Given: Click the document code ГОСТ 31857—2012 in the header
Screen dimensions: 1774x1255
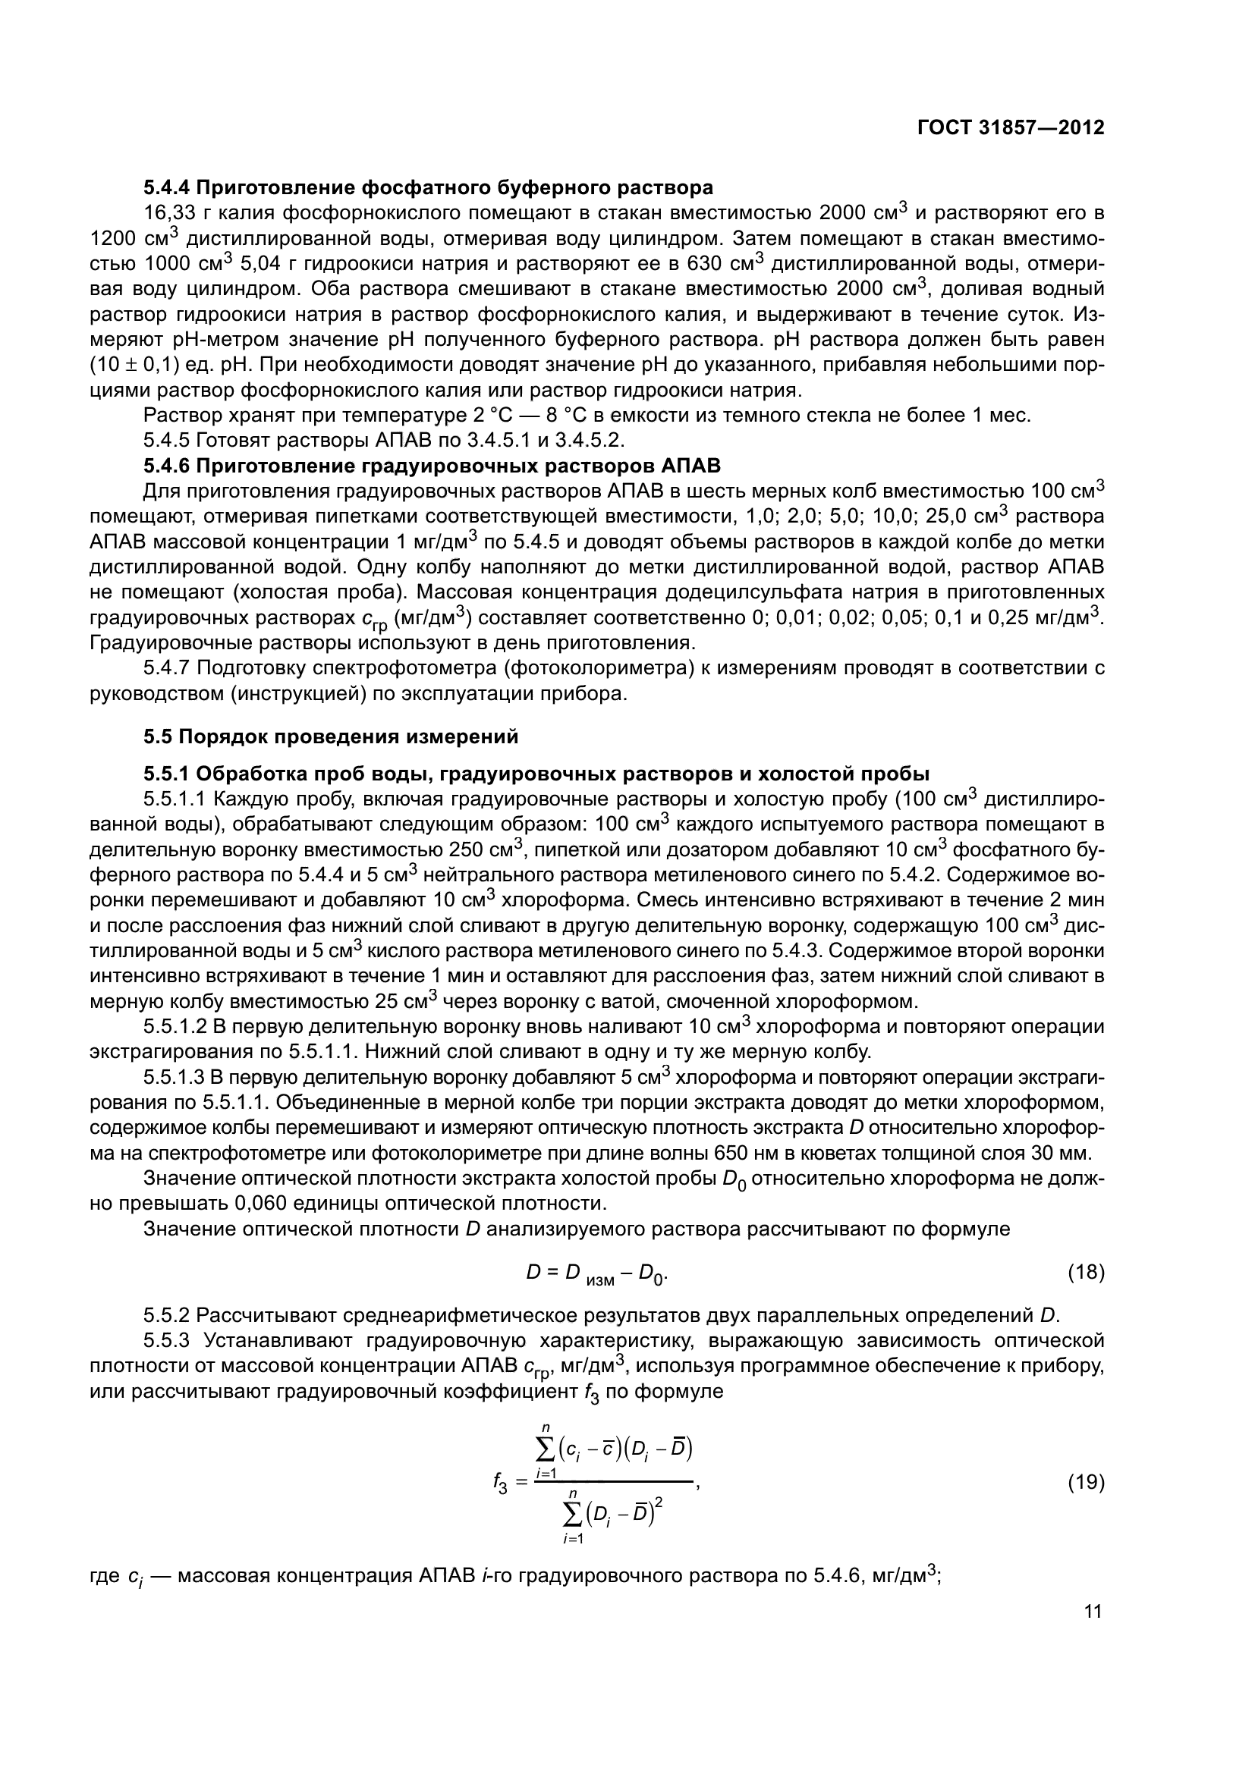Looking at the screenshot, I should click(1010, 127).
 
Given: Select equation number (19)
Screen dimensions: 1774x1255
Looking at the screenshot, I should click(1086, 1482).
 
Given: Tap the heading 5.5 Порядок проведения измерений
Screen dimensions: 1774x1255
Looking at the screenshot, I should click(331, 736).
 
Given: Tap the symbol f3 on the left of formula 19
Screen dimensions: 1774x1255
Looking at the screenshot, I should click(500, 1484).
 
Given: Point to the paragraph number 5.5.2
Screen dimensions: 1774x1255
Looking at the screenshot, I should click(166, 1315).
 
